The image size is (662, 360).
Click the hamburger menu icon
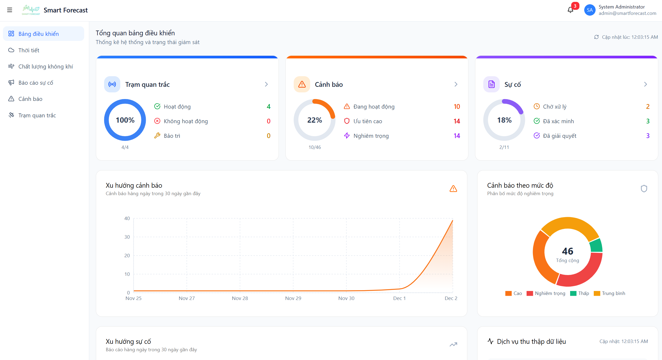click(10, 10)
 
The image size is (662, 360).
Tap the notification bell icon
click(570, 10)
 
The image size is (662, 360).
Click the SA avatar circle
click(590, 10)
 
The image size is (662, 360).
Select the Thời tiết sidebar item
click(29, 50)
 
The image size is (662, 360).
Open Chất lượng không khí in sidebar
click(45, 66)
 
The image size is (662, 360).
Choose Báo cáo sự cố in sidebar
click(36, 83)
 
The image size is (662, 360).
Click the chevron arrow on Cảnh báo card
click(456, 84)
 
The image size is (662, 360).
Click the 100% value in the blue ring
click(125, 120)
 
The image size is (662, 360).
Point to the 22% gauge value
click(315, 120)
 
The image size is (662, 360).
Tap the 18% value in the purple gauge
click(504, 120)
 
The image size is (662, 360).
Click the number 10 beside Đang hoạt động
click(457, 106)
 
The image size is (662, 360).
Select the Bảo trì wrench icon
click(157, 136)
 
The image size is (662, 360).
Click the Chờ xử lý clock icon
click(537, 106)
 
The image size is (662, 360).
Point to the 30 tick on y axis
click(127, 237)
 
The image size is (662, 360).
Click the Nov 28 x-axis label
click(240, 298)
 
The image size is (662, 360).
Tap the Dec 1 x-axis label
click(399, 298)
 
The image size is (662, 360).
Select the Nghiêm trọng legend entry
click(546, 293)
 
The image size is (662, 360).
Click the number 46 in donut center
click(567, 251)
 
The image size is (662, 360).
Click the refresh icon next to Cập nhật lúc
click(596, 37)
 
